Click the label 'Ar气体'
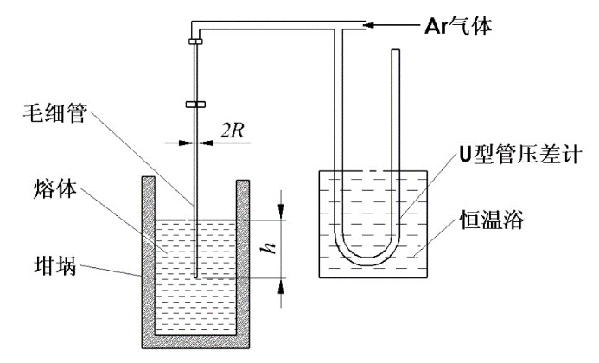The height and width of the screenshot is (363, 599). (x=458, y=27)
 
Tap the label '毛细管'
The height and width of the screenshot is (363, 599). (x=55, y=113)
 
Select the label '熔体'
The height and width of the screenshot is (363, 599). (x=55, y=188)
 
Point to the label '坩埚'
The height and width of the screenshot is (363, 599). (x=55, y=265)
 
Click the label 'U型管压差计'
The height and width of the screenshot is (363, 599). (x=520, y=155)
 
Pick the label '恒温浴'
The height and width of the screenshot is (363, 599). (x=492, y=220)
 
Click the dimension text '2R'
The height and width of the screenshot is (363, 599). (x=232, y=131)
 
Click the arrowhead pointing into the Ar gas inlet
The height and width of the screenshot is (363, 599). (x=369, y=25)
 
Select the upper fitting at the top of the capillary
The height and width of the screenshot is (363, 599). (x=195, y=41)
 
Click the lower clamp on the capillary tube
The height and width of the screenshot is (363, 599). (x=195, y=104)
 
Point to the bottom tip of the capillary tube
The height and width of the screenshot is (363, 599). (x=196, y=277)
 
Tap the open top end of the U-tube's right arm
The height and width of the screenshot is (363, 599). (x=396, y=50)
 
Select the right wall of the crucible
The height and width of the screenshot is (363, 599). (x=243, y=263)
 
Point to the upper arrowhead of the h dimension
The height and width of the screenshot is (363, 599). (x=281, y=210)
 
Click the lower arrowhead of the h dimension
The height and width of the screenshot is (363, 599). (x=281, y=287)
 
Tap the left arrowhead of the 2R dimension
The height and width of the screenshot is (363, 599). (x=186, y=143)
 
